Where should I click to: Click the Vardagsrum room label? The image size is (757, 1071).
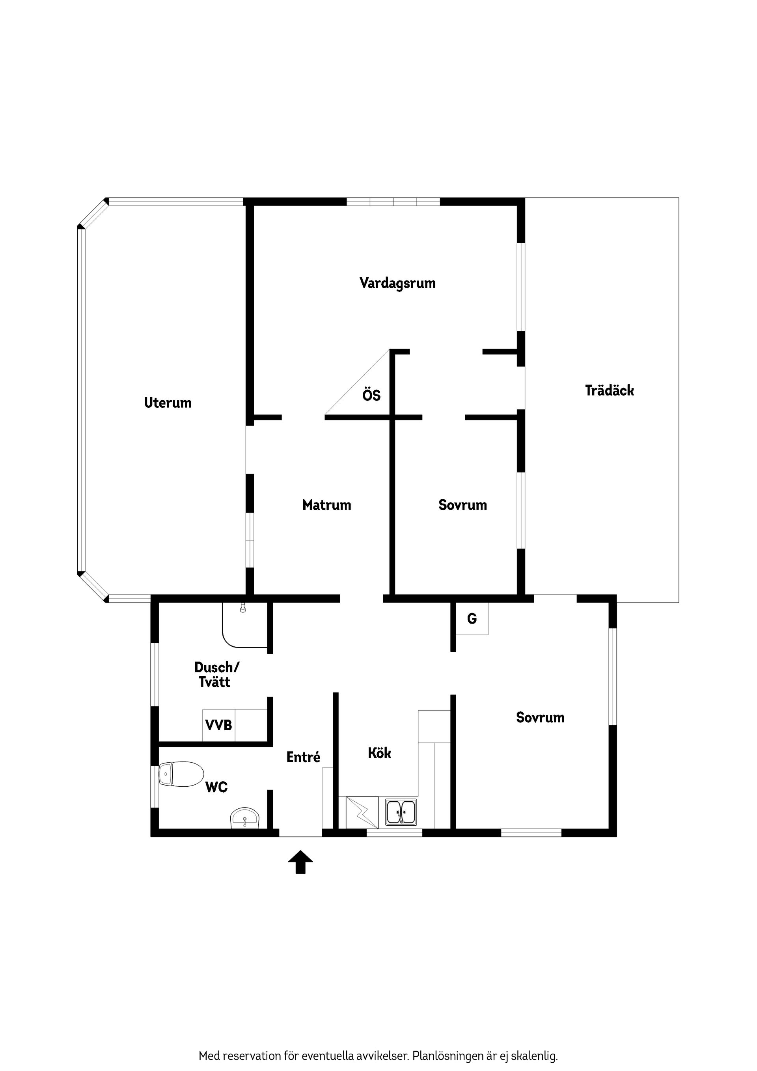397,283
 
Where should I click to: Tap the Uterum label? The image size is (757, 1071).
168,403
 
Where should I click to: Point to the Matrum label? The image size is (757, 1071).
326,505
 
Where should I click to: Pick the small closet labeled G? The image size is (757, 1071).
472,619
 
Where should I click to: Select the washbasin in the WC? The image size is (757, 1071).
245,819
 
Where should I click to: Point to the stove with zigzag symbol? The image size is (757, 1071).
362,813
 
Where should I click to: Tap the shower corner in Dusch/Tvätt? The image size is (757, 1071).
245,625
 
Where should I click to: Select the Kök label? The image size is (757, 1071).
379,753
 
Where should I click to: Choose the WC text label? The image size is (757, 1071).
216,787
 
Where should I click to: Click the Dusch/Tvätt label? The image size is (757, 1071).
216,675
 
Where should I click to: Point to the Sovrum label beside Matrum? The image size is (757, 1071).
463,505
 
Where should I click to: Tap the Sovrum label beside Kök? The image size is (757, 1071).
540,717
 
